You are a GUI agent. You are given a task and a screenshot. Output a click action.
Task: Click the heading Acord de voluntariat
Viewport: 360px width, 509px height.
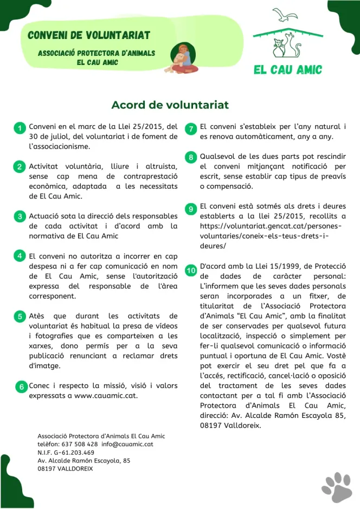click(170, 105)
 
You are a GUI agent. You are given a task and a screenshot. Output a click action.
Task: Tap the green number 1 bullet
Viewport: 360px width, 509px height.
click(19, 128)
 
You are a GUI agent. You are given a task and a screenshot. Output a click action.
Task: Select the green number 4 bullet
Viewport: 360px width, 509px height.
click(19, 255)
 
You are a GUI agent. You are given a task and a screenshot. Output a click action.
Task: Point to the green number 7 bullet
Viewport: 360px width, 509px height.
click(191, 128)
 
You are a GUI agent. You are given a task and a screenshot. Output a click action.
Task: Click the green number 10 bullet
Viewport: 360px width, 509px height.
click(191, 269)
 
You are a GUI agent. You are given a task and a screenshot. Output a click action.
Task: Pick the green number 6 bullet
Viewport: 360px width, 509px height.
click(21, 387)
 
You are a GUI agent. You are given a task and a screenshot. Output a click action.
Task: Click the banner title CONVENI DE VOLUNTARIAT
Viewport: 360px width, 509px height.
click(89, 36)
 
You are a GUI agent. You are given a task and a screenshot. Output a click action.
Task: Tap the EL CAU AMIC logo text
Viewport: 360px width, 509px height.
click(287, 69)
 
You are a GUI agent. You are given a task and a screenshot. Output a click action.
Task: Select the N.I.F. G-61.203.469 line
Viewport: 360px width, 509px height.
click(66, 452)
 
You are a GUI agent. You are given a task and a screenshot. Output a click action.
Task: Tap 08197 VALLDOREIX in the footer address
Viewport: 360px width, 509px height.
click(65, 468)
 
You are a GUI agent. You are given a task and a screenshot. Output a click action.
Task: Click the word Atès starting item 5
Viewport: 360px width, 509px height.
click(36, 315)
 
